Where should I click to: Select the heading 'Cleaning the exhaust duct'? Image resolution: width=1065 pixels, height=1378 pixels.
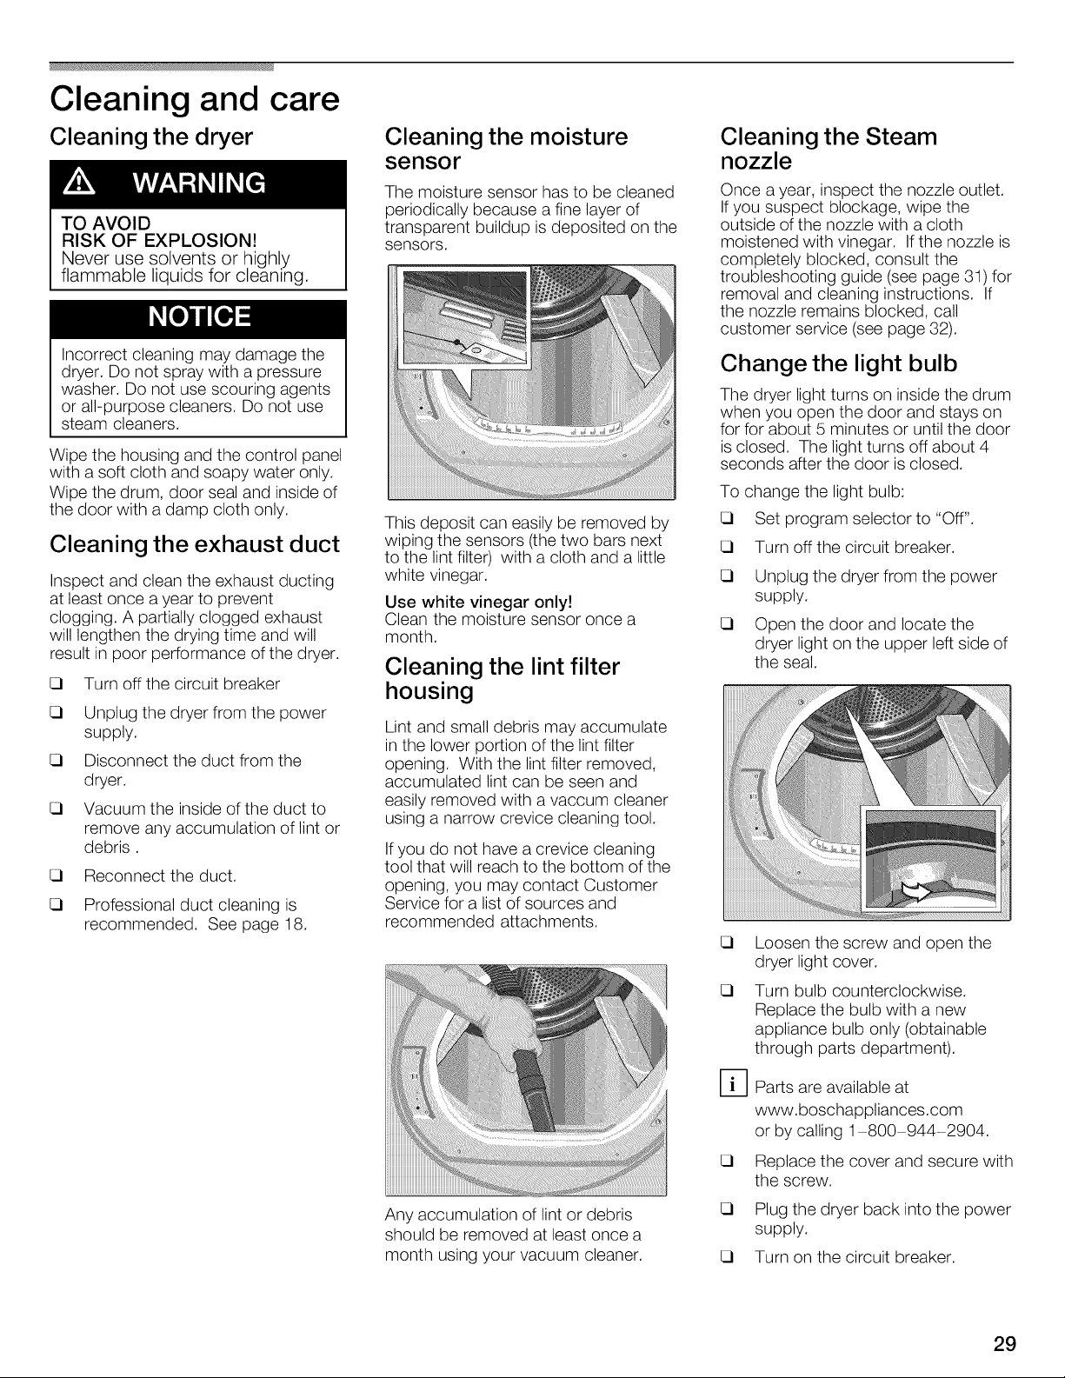click(x=195, y=544)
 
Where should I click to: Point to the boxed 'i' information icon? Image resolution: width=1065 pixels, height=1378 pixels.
click(x=734, y=1083)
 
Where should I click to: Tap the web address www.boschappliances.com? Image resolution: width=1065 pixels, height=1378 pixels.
click(x=858, y=1109)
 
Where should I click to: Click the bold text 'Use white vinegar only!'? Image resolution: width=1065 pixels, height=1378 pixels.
click(x=479, y=601)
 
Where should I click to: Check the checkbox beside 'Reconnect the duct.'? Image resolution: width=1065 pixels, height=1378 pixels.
click(x=57, y=876)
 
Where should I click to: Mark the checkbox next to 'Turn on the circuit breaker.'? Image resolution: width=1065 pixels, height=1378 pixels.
click(x=727, y=1257)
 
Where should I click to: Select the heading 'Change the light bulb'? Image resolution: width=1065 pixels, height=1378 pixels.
click(x=838, y=363)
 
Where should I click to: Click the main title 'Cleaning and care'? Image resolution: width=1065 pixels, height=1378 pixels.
click(x=195, y=99)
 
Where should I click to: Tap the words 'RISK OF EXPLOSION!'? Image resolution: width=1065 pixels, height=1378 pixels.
click(x=159, y=240)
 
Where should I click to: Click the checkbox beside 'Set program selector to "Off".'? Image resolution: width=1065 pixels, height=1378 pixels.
click(x=727, y=519)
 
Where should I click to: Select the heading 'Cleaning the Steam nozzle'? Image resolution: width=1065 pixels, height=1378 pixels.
click(x=829, y=149)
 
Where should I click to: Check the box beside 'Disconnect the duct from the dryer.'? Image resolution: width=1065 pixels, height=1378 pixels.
click(x=57, y=761)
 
